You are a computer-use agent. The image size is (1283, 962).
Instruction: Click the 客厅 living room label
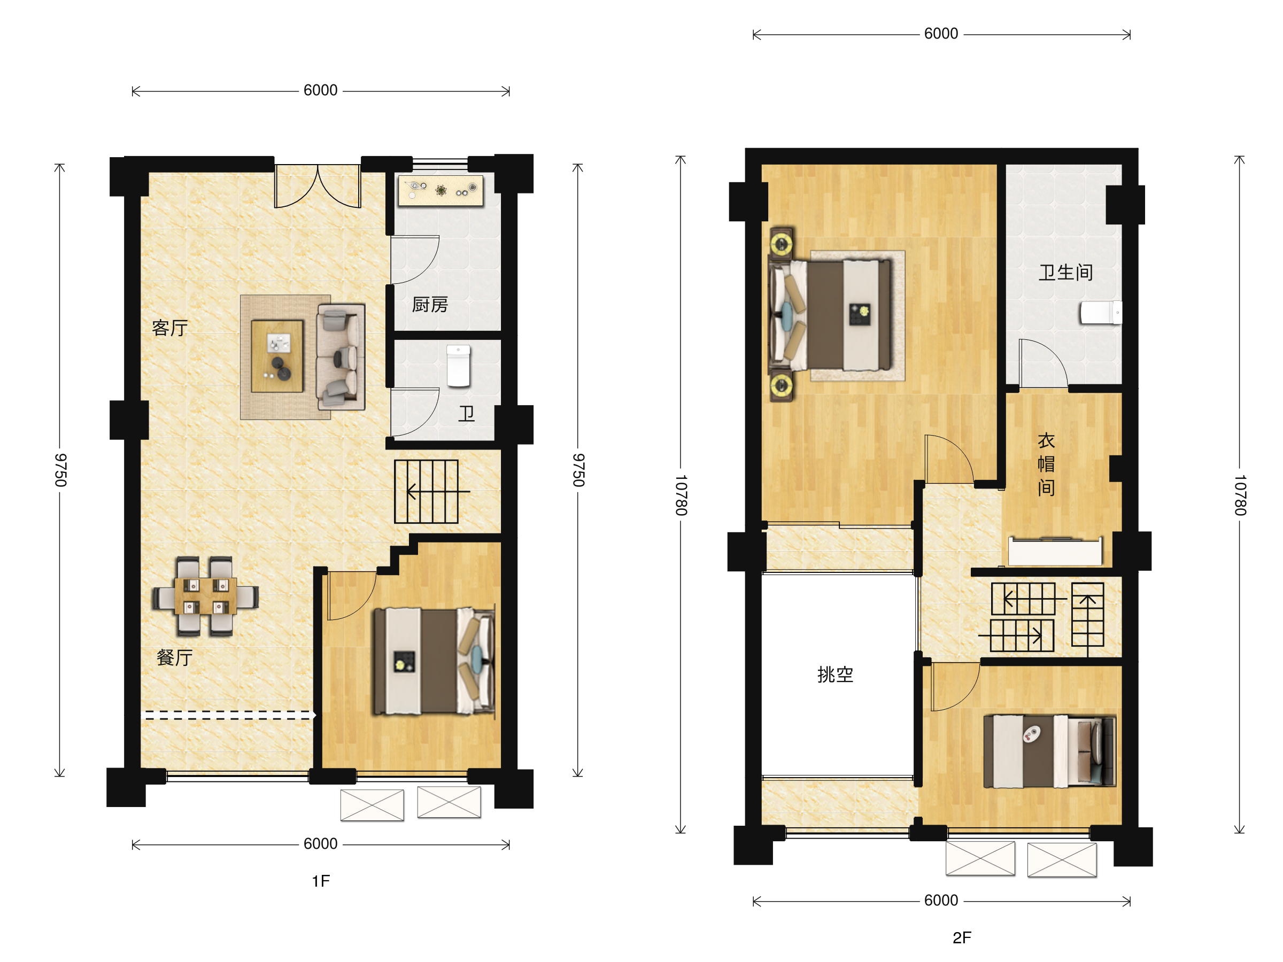point(170,328)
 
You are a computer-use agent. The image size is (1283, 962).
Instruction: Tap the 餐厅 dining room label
point(175,657)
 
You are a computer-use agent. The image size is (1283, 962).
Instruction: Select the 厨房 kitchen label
point(430,305)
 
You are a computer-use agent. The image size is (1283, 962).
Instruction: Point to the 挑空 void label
point(835,674)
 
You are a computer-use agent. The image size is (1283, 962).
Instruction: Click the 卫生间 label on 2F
point(1066,272)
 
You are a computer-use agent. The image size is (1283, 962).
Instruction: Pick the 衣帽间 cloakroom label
point(1046,464)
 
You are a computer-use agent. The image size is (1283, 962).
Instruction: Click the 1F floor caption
point(321,881)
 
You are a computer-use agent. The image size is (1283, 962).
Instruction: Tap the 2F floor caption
point(962,937)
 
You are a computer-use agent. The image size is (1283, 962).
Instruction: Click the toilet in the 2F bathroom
point(1100,313)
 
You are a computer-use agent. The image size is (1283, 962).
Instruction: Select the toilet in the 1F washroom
point(458,366)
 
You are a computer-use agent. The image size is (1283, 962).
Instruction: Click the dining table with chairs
point(205,596)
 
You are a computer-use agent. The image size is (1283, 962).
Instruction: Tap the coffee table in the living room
point(277,356)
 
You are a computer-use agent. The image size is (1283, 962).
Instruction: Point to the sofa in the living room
point(341,357)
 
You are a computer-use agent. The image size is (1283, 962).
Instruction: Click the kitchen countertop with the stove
point(441,190)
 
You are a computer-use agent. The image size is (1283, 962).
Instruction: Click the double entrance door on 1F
point(318,186)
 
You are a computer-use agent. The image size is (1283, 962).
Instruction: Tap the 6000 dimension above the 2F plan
point(941,34)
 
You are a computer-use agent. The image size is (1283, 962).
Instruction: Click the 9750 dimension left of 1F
point(60,470)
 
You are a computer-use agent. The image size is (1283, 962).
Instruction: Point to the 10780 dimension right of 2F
point(1240,495)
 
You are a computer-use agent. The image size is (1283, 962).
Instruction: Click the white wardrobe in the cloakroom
point(1055,551)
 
